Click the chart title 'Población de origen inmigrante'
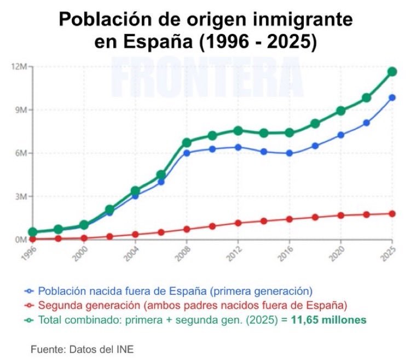[205, 20]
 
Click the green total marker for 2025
[392, 72]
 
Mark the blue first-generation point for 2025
[392, 98]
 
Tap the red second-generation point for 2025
[392, 213]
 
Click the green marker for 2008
[187, 143]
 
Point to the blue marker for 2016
[289, 153]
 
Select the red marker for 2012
[238, 223]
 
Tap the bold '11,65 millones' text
[331, 319]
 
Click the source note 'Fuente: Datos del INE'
[82, 349]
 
